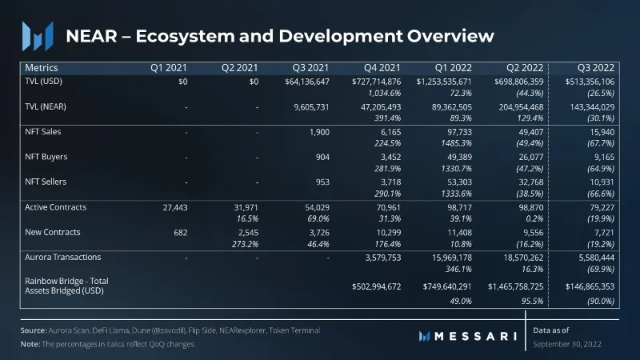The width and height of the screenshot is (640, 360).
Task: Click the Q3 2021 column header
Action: (x=310, y=68)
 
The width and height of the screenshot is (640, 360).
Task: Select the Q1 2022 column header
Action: (x=453, y=68)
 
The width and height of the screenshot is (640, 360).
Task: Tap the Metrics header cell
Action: (x=42, y=68)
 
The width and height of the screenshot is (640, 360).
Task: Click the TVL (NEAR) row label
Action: (x=46, y=106)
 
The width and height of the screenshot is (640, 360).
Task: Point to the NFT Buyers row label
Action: (x=46, y=157)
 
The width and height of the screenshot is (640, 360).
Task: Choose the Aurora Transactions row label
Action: (x=63, y=257)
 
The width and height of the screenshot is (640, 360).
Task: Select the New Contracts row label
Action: (x=53, y=232)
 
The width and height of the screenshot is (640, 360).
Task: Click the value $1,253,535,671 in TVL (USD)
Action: (x=444, y=82)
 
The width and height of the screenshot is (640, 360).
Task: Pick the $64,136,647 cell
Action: (x=307, y=82)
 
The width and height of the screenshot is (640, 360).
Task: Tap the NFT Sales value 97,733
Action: (x=459, y=132)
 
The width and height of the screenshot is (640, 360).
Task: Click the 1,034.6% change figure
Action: (x=384, y=93)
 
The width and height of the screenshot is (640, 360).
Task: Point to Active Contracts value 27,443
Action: (x=175, y=207)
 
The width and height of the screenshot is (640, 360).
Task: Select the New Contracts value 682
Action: (x=181, y=233)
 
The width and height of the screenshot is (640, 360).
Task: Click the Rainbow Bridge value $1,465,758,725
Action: (x=515, y=286)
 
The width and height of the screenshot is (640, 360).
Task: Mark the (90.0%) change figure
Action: (x=601, y=302)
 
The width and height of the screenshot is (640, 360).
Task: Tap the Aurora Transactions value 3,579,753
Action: (x=383, y=258)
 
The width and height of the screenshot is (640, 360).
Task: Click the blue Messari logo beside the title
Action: (x=38, y=36)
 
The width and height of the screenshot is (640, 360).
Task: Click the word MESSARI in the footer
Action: (x=475, y=336)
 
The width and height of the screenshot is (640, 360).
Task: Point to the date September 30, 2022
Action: (x=567, y=344)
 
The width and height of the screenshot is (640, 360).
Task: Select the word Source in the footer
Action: (x=34, y=330)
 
